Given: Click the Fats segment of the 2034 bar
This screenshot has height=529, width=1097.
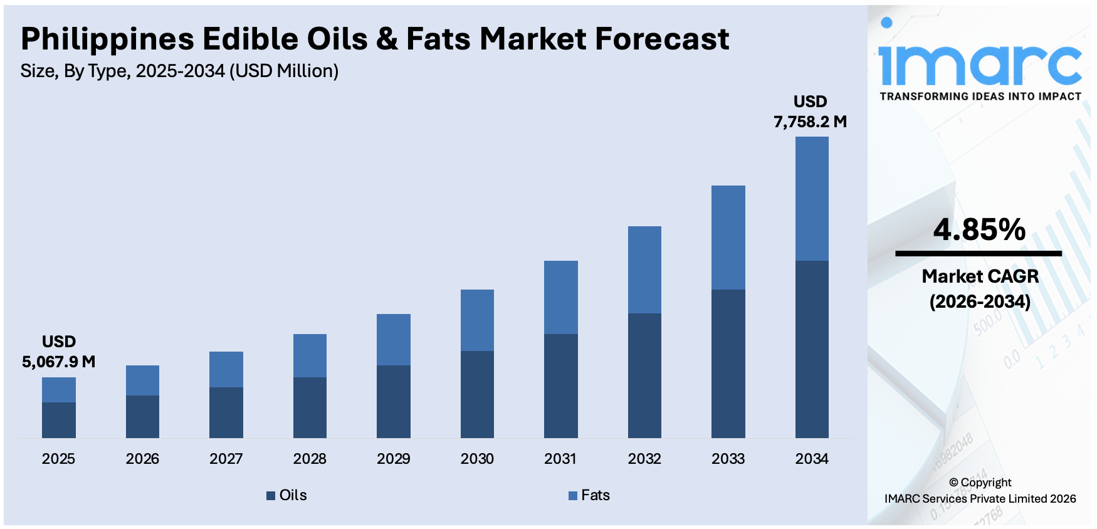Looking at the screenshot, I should (x=812, y=198).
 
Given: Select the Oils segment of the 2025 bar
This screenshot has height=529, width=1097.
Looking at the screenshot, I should (x=59, y=420).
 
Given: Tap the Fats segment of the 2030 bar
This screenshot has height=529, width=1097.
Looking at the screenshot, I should (x=477, y=320).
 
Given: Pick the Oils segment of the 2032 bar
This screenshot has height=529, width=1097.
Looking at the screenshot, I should (x=644, y=375).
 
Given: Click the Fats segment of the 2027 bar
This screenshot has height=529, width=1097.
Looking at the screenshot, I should (x=226, y=369).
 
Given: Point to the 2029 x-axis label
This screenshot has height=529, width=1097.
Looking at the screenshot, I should (x=394, y=459).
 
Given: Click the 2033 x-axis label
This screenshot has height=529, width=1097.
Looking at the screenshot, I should (x=728, y=459).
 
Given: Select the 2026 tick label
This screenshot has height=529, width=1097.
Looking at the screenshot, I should (x=142, y=459).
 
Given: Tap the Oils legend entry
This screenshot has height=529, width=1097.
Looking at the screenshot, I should (x=287, y=495).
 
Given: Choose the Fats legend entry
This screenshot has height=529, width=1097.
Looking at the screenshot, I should (x=589, y=495).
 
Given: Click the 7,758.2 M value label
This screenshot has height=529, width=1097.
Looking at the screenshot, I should (x=810, y=122).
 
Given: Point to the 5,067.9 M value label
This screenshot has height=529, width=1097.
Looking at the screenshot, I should (x=59, y=362).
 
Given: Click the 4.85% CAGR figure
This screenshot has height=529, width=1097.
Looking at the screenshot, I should (x=979, y=229).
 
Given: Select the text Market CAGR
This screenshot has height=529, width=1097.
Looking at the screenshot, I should (x=980, y=276).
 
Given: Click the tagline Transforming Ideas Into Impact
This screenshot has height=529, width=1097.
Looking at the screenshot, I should (x=980, y=97).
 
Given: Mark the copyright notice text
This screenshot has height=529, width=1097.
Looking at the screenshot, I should (x=980, y=491).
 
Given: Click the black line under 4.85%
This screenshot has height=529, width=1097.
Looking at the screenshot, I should (x=979, y=254).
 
